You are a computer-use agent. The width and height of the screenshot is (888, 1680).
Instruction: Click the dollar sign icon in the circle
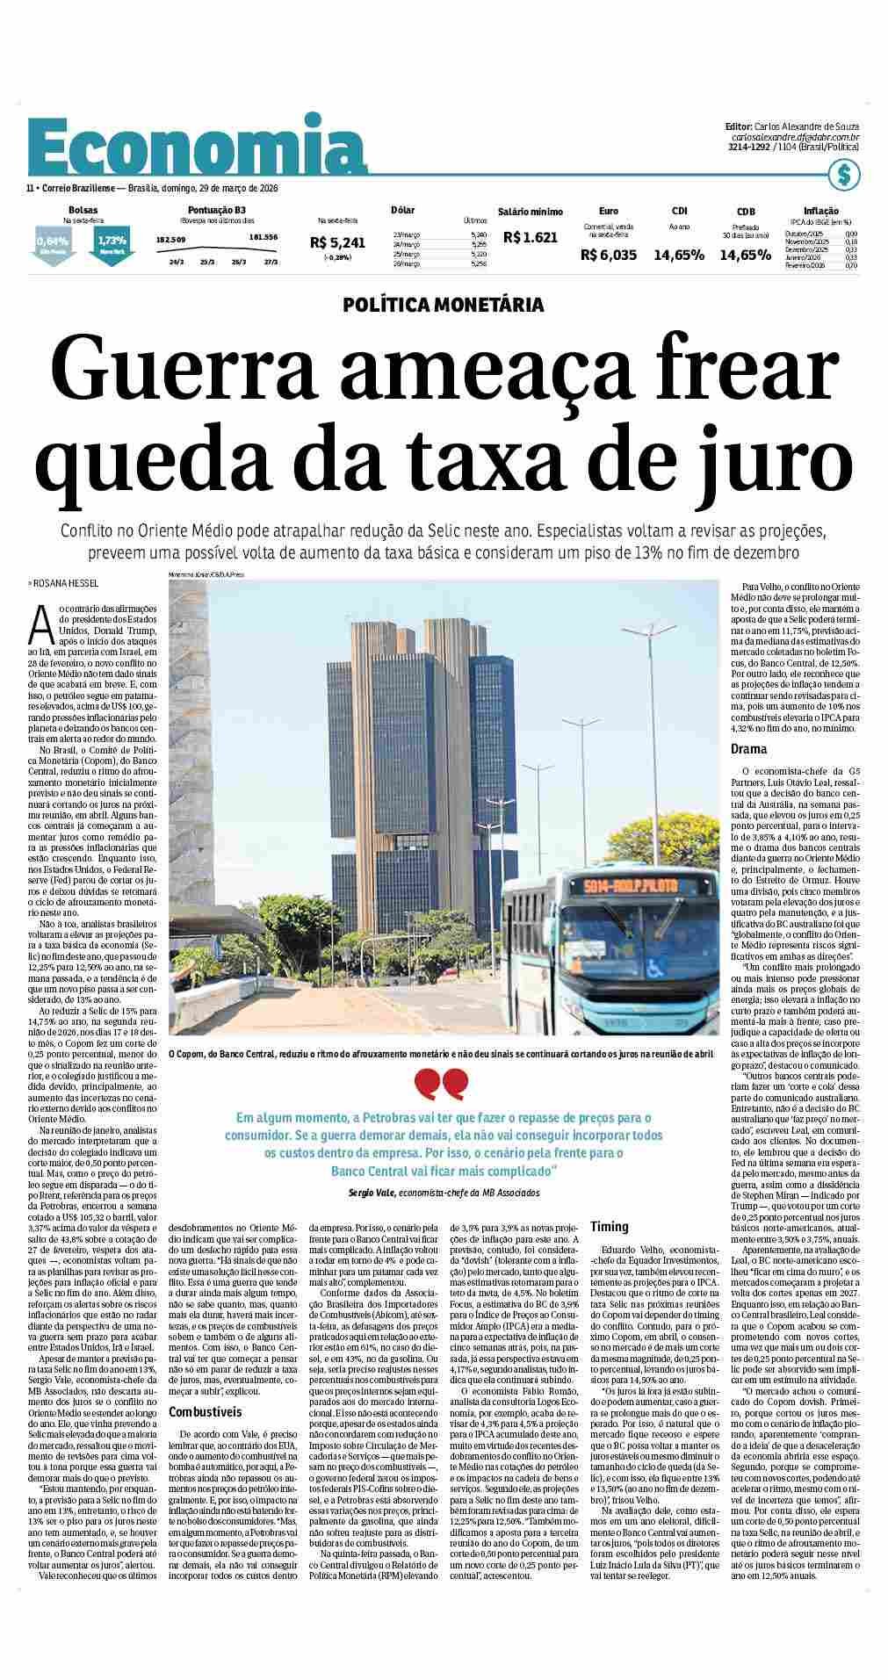click(x=843, y=175)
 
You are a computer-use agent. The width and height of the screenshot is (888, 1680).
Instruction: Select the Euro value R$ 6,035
click(x=608, y=255)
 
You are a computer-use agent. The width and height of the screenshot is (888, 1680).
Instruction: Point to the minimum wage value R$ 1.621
click(x=530, y=237)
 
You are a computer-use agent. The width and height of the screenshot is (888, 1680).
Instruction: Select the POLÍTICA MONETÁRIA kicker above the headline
click(x=443, y=305)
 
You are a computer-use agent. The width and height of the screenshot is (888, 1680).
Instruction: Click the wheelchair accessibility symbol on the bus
click(x=654, y=967)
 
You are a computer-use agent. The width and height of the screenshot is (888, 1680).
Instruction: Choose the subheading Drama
click(x=748, y=749)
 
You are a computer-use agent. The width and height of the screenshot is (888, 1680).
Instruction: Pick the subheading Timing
click(x=609, y=1227)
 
